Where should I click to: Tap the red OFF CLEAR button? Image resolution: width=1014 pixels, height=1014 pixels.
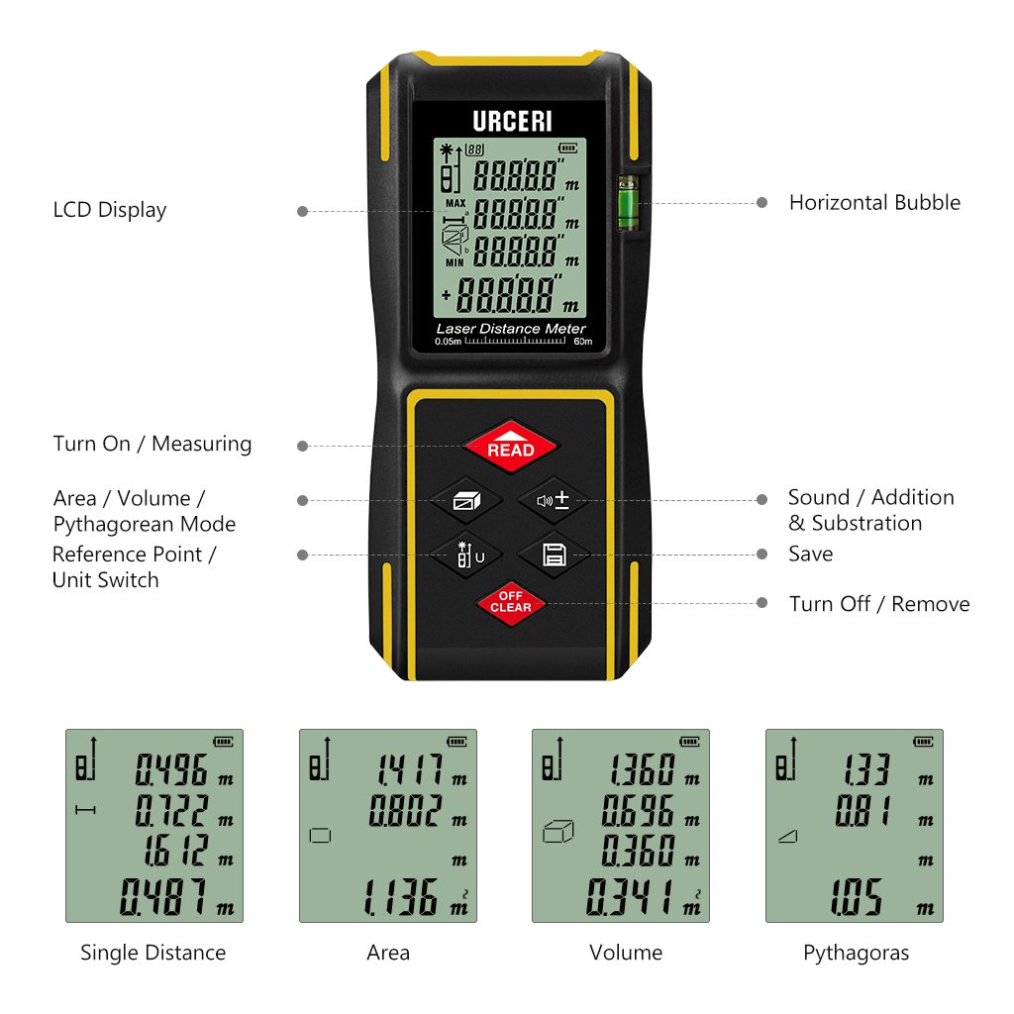[x=510, y=601]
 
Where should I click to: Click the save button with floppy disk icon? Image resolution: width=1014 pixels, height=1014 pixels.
[x=553, y=556]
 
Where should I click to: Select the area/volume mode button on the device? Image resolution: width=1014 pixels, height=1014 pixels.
[x=465, y=500]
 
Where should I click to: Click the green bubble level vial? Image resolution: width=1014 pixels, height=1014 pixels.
[x=627, y=203]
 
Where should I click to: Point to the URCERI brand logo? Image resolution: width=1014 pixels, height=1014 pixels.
[x=512, y=122]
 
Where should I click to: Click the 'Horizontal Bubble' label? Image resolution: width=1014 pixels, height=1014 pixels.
[x=874, y=203]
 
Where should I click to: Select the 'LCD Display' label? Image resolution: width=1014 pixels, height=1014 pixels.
[x=110, y=210]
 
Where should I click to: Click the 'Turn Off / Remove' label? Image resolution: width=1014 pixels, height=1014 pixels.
[x=879, y=604]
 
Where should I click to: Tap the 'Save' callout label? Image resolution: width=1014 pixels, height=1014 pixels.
[x=810, y=555]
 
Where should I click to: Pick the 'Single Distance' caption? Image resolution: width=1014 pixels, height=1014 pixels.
[x=153, y=953]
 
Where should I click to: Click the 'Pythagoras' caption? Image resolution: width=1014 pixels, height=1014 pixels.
[x=856, y=953]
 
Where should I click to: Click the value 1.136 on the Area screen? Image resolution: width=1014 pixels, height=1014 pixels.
[x=400, y=897]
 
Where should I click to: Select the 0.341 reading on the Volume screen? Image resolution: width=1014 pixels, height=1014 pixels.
[x=630, y=897]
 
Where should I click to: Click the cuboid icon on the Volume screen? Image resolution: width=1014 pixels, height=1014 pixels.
[x=558, y=833]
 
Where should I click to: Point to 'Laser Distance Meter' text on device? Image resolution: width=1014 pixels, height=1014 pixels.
[x=511, y=329]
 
